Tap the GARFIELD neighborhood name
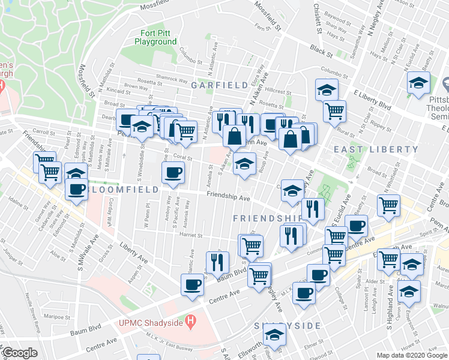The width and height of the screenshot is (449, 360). click(211, 85)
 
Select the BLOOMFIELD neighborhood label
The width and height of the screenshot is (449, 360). click(123, 189)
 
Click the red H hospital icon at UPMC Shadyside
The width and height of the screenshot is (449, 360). click(191, 321)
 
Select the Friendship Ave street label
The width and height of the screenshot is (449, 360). click(228, 196)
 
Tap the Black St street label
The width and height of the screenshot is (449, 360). click(321, 49)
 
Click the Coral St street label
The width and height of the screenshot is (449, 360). click(181, 158)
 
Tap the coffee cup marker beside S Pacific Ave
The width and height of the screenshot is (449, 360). click(173, 173)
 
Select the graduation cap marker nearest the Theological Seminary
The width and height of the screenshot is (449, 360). click(418, 83)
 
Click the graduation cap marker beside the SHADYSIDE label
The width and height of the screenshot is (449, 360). click(274, 336)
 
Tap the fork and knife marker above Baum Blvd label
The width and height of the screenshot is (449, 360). click(217, 262)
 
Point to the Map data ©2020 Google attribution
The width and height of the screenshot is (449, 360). click(411, 355)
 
